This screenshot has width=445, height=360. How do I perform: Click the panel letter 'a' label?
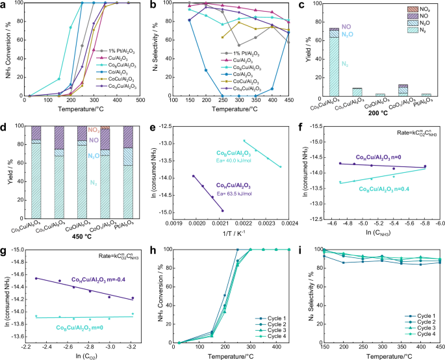point(5,5)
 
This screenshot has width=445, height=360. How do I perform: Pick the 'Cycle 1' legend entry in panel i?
point(410,315)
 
